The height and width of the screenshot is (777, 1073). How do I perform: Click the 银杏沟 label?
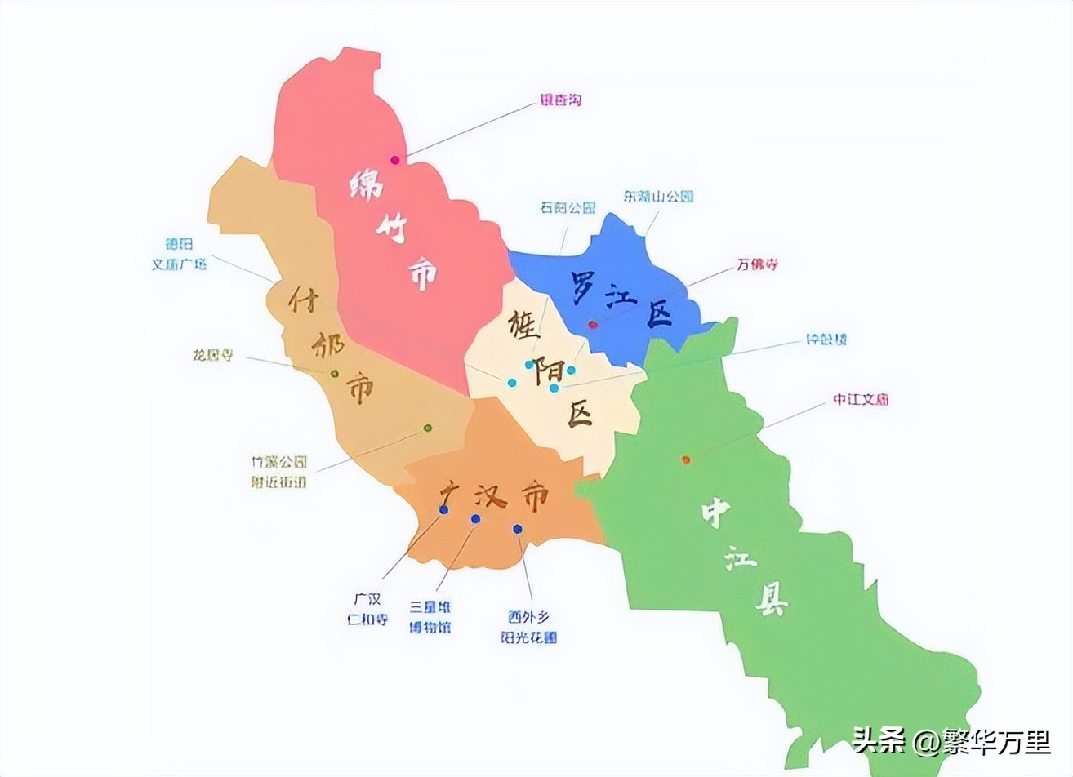[x=560, y=100]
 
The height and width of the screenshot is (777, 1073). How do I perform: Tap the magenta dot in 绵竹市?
[x=395, y=160]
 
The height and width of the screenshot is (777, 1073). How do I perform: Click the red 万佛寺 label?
[x=757, y=264]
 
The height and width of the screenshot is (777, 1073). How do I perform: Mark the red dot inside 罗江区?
[x=593, y=325]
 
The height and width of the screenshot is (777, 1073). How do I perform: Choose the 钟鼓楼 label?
[x=826, y=339]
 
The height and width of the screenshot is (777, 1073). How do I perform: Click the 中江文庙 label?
[x=861, y=400]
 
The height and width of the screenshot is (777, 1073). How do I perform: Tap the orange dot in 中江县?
[x=685, y=460]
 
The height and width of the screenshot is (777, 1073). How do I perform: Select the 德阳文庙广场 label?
[x=180, y=254]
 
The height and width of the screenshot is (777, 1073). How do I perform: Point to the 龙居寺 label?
[x=213, y=355]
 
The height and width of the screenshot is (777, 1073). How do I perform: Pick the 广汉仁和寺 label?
[x=367, y=609]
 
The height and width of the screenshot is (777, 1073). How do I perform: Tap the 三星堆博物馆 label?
[x=430, y=617]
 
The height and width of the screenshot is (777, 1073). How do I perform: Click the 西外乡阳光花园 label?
[x=528, y=627]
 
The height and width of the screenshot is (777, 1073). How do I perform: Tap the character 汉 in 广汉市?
[x=488, y=495]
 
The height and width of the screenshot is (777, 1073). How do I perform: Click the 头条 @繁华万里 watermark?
[x=951, y=742]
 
